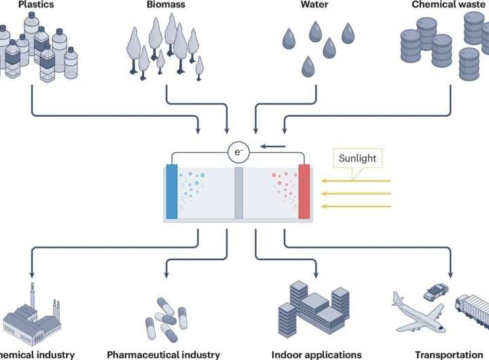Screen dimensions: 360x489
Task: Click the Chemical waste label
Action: [x=449, y=5]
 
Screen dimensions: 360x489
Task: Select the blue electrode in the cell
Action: [x=171, y=192]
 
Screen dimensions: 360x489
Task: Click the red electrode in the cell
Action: [x=304, y=192]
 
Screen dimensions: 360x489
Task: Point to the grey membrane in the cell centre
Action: [x=238, y=192]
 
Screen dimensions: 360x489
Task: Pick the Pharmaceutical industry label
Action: [x=164, y=354]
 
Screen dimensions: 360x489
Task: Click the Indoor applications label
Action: [x=316, y=354]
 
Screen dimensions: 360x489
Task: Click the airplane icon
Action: [x=418, y=317]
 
